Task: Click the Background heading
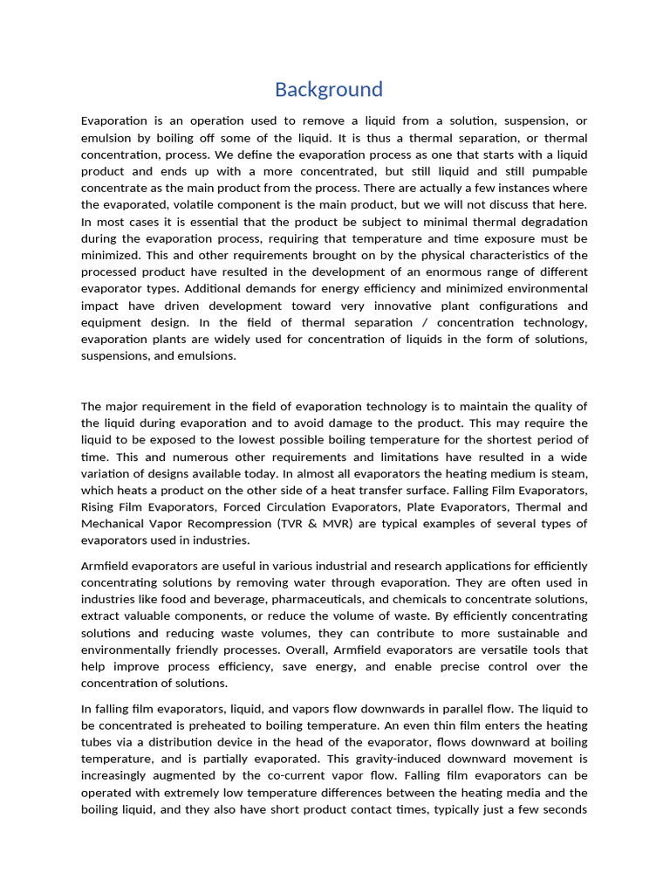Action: tap(329, 89)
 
